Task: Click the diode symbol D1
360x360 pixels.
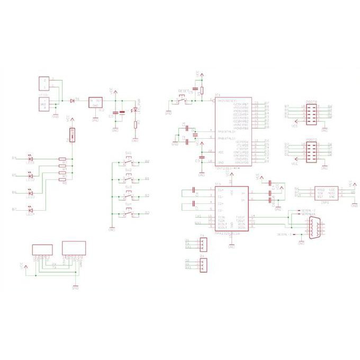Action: (72, 101)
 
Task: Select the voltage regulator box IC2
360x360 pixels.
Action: (95, 103)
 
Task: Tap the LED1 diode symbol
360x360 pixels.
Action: (31, 158)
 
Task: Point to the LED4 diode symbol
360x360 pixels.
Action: (31, 210)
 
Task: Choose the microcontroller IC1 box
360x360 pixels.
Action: (232, 132)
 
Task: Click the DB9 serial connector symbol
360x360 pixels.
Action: (313, 228)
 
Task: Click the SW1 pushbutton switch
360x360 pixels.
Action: (129, 161)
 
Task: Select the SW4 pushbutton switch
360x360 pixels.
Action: (129, 213)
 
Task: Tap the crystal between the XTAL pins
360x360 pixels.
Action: (194, 135)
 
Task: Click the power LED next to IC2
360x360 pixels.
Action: (134, 110)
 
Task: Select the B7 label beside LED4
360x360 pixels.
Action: (15, 210)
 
